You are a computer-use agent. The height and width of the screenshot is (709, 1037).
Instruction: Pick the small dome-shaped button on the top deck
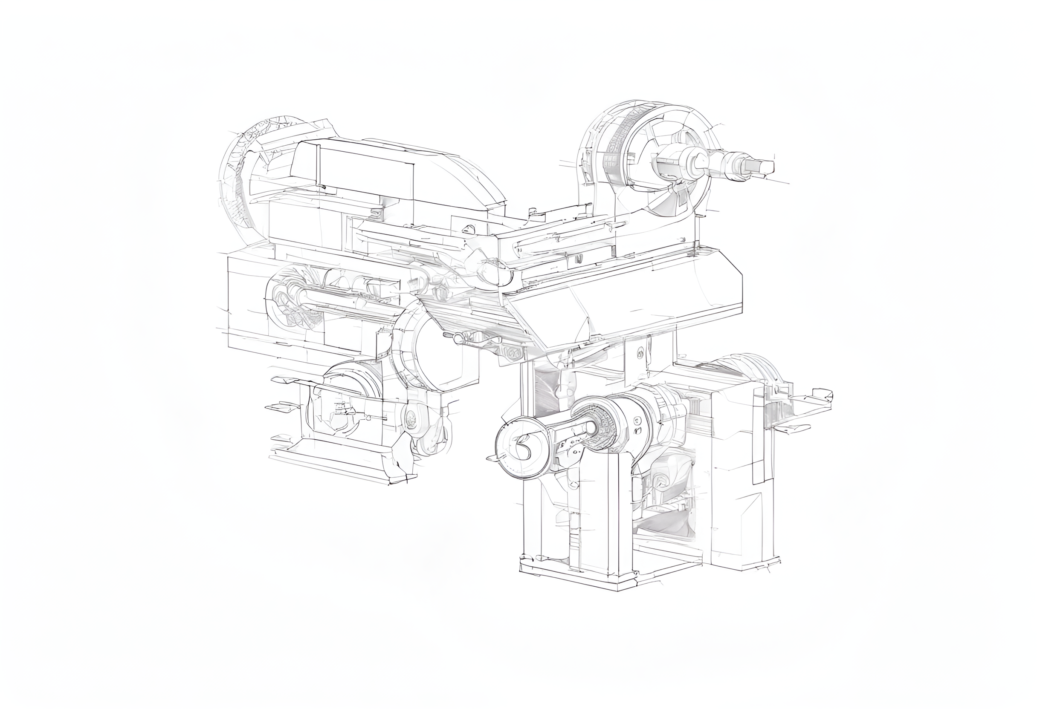(468, 229)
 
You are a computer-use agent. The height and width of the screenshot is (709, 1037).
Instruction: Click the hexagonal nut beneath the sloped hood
(512, 352)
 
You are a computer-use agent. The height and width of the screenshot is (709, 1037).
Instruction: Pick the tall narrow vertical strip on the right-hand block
(759, 439)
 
